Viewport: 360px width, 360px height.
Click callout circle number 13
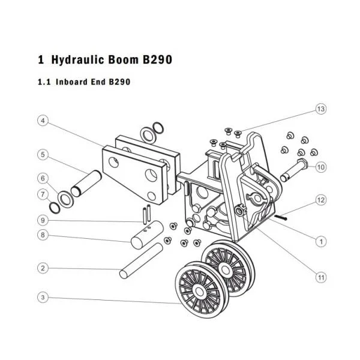tap(321, 109)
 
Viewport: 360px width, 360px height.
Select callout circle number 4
tap(43, 121)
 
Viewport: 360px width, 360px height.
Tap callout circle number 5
tap(43, 155)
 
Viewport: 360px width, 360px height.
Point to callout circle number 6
tap(43, 178)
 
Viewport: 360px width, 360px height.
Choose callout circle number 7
tap(43, 194)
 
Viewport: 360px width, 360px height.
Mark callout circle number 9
tap(43, 220)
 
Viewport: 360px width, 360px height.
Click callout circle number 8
tap(43, 235)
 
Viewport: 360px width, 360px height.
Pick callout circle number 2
tap(43, 268)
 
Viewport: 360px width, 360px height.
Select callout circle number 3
tap(43, 298)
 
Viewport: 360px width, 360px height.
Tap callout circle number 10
tap(321, 167)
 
